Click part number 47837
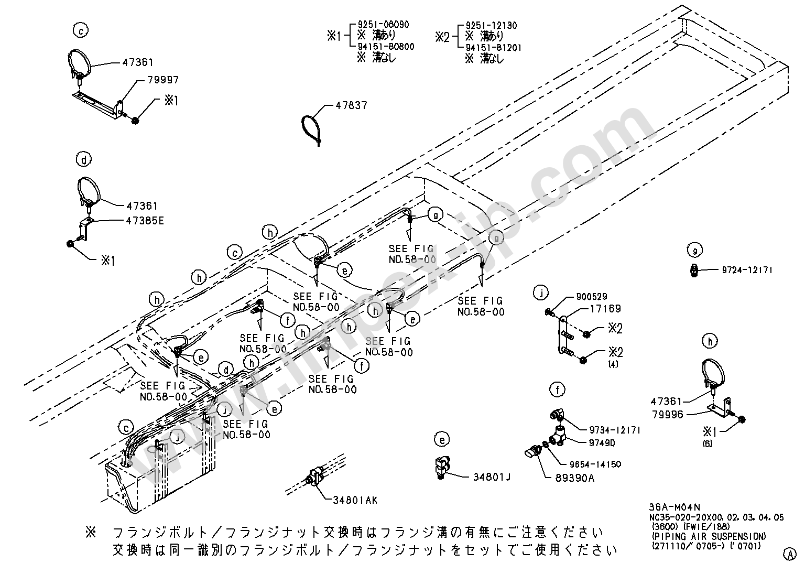352,105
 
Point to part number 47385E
145,221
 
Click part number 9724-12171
747,270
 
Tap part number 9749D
602,443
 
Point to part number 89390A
575,478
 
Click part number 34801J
492,477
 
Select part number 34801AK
355,500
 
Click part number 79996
667,414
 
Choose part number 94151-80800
386,47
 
